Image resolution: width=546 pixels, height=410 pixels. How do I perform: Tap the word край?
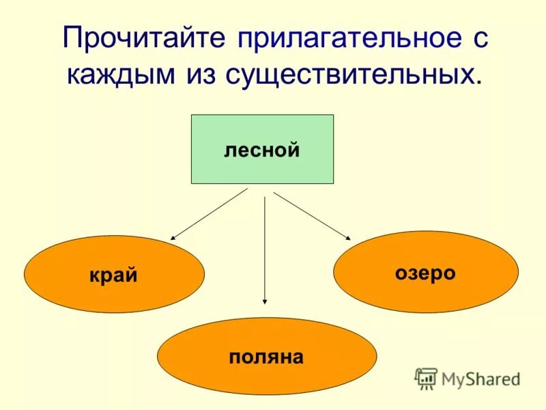113,275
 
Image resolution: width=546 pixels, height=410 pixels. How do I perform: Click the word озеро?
425,273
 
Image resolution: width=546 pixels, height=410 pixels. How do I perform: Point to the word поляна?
266,357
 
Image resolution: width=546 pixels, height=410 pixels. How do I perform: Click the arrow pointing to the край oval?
208,214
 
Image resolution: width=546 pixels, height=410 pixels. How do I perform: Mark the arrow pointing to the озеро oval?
312,216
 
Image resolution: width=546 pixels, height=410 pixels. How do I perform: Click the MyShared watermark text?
480,378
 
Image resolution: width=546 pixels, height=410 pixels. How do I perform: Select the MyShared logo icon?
427,378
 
